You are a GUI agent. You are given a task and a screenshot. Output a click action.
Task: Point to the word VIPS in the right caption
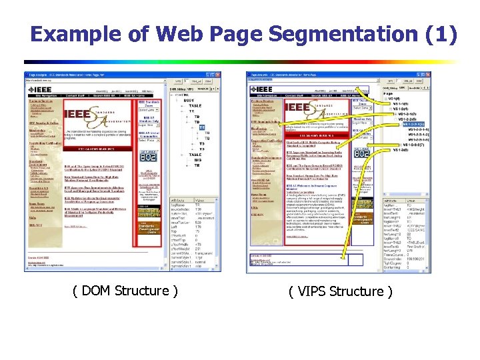(313, 291)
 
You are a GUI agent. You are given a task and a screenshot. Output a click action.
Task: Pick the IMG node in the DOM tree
(197, 158)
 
